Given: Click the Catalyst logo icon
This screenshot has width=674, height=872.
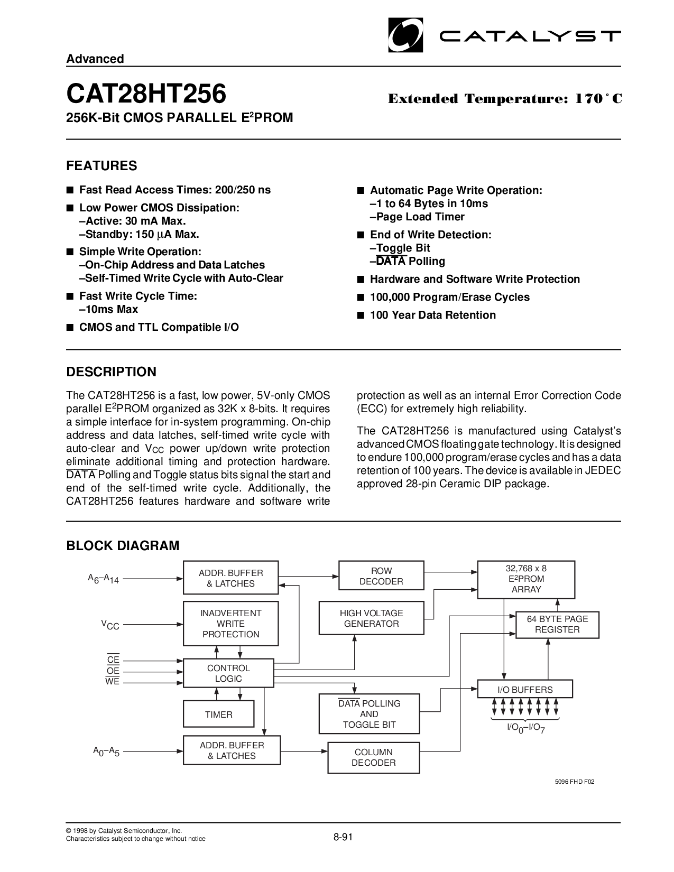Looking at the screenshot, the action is coord(405,35).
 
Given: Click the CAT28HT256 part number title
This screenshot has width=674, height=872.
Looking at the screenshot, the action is coord(146,94).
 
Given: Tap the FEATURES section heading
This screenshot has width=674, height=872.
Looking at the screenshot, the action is coord(101,166).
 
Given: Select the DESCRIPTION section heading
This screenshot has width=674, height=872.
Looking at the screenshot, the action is coord(111,372).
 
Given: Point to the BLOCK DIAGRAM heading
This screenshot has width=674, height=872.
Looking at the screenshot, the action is coord(123,546).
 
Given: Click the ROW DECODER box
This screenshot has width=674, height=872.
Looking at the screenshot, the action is coord(381,576).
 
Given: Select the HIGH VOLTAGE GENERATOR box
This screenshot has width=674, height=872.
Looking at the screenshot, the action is coord(371,618).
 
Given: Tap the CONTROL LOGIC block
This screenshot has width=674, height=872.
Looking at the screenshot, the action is coord(228,673).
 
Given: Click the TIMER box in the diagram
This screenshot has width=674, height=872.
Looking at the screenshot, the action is coord(219,715).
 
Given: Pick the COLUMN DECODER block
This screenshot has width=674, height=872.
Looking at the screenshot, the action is coord(374,757).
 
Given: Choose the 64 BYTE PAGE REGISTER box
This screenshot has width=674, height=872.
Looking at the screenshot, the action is coord(557,625).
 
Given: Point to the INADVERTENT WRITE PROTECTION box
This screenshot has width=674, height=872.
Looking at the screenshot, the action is coord(231,623).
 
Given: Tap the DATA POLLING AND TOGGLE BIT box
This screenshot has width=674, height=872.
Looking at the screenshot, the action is coord(370,713).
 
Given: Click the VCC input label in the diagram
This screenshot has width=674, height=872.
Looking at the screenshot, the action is coord(110,625).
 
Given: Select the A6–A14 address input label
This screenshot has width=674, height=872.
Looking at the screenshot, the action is coord(104,579).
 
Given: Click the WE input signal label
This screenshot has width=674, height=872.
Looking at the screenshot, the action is coord(113,681).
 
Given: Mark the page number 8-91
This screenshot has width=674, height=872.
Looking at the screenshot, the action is coord(343,837).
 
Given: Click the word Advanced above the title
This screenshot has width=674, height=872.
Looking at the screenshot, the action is coord(95,59).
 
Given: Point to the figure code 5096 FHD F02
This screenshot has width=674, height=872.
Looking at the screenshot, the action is coord(575,781).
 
